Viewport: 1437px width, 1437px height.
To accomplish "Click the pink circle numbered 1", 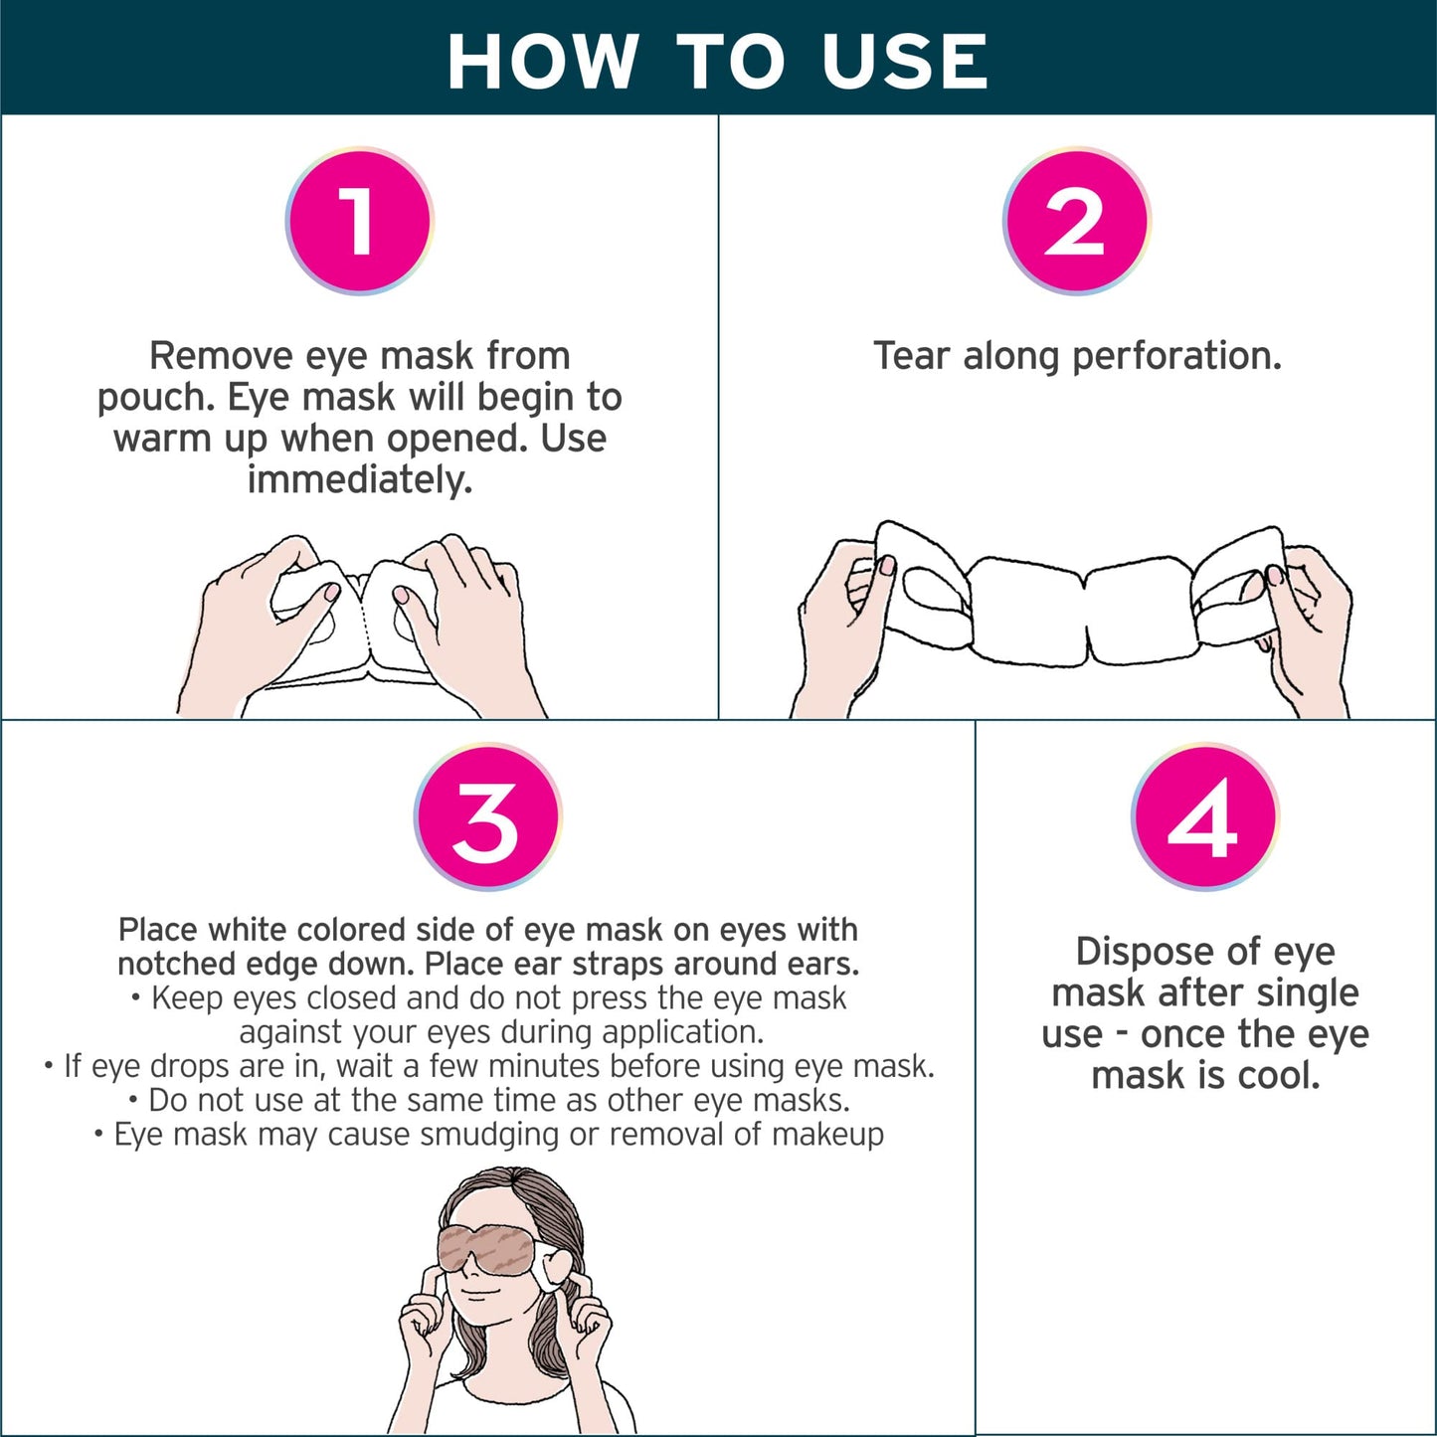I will (359, 221).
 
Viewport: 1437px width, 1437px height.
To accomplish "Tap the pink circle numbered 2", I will (1076, 221).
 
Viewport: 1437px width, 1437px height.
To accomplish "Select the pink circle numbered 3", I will (487, 817).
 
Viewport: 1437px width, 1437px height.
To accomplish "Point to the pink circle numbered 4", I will (1204, 817).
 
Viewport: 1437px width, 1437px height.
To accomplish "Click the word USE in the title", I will (905, 62).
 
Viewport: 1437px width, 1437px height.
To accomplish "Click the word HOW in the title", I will (543, 62).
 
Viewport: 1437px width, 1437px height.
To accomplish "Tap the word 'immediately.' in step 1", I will (359, 480).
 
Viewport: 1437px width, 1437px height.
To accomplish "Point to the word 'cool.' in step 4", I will (1279, 1076).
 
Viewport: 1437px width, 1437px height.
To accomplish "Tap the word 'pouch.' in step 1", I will (156, 398).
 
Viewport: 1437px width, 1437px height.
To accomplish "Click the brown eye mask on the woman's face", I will (488, 1249).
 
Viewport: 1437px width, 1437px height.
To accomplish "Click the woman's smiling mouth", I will (477, 1293).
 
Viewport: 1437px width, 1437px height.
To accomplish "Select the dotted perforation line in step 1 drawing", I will (363, 622).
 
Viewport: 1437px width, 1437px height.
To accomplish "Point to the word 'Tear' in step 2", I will (913, 356).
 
